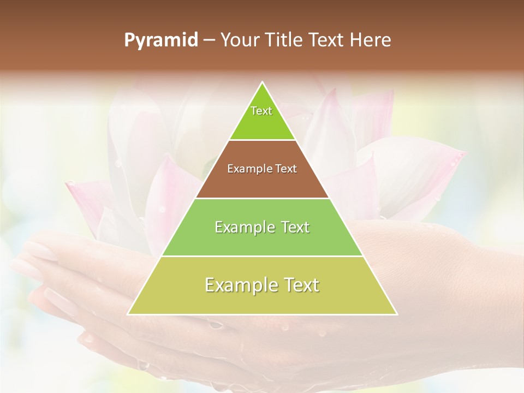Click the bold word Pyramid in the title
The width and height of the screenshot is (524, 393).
[160, 40]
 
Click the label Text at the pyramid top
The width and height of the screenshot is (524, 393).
[261, 111]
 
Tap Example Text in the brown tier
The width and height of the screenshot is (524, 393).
[262, 169]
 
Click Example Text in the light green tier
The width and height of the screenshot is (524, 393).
[262, 227]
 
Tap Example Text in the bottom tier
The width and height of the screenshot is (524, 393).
[262, 285]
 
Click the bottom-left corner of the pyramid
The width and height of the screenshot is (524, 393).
[129, 314]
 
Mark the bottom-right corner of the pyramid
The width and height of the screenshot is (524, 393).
[396, 314]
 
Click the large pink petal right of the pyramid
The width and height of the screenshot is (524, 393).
[415, 175]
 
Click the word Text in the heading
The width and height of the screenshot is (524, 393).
[327, 40]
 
